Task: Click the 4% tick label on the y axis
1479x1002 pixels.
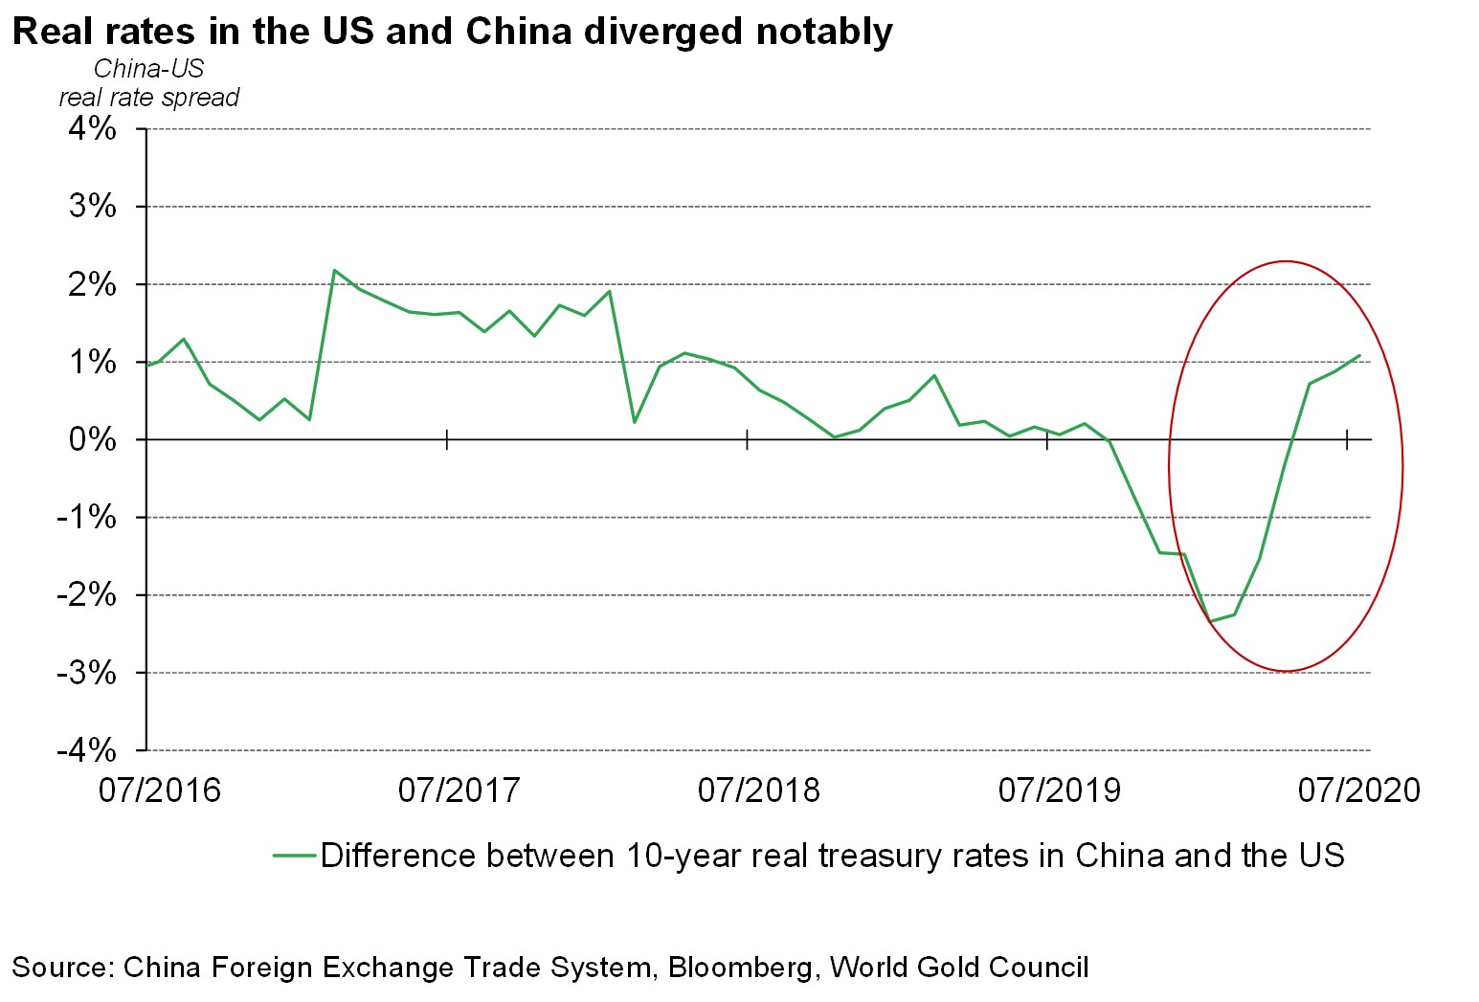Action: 92,128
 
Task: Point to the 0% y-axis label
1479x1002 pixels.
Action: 92,439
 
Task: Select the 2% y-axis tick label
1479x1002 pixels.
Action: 92,284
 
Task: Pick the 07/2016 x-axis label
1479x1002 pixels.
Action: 160,790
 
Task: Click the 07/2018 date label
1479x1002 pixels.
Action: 759,790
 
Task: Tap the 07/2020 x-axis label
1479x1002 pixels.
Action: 1358,790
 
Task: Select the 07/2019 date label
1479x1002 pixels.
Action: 1059,790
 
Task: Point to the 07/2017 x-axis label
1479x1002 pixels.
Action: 459,790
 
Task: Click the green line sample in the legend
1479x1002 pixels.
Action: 294,856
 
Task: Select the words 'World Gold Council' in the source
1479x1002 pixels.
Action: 959,968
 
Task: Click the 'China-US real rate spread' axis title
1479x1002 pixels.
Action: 149,83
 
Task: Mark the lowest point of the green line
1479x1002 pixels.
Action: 1211,621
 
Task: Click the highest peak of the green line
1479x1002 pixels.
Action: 334,271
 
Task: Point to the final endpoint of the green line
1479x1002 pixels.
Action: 1359,356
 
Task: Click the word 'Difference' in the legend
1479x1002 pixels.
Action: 399,856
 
